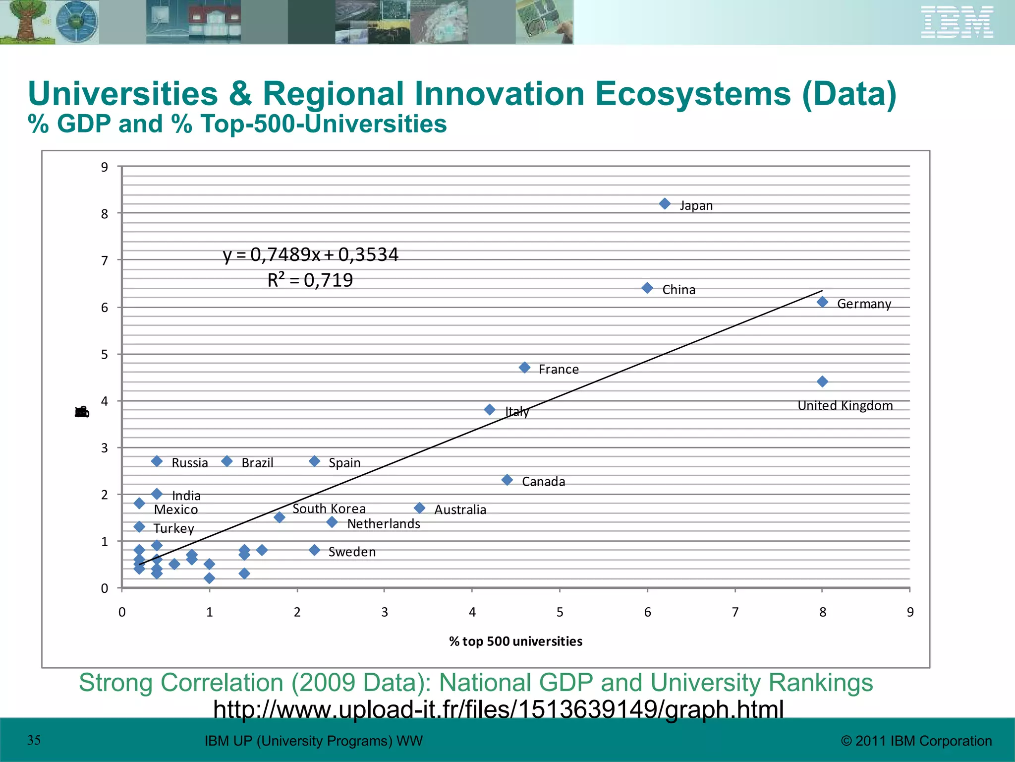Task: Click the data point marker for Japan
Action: coord(665,204)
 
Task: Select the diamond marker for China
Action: coord(647,288)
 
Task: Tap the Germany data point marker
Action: coord(822,302)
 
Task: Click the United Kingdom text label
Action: coord(845,406)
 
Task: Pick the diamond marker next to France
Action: coord(524,368)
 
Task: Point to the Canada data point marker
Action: coord(507,480)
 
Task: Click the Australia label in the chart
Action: coord(460,509)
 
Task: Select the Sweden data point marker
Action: coord(314,550)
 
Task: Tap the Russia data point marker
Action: coord(157,461)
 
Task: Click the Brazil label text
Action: coord(257,463)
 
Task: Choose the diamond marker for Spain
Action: coord(314,461)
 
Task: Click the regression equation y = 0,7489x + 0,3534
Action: coord(310,254)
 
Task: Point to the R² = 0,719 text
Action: coord(310,280)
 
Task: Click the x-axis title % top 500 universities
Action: coord(515,641)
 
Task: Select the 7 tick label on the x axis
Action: coord(735,612)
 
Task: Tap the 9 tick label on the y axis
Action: coord(104,167)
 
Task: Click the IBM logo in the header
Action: coord(957,22)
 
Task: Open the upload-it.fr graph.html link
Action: coord(498,709)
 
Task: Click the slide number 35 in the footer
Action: coord(34,740)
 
